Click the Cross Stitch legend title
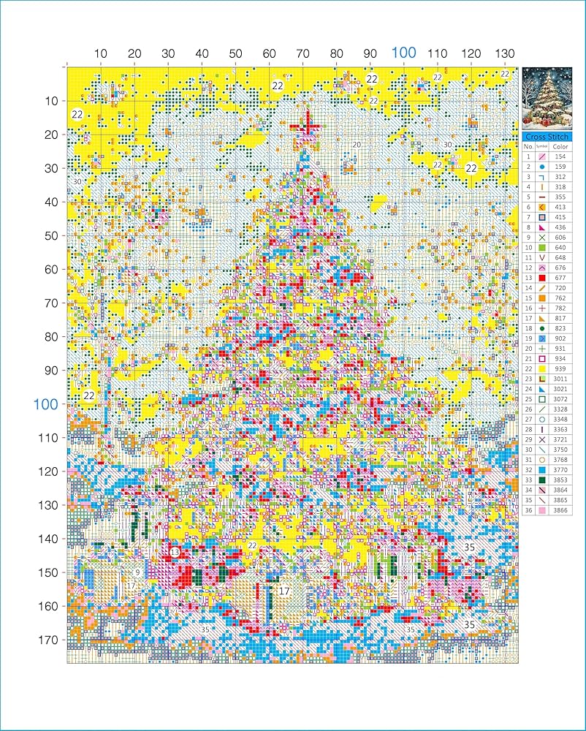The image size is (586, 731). point(552,137)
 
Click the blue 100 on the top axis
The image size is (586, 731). point(404,53)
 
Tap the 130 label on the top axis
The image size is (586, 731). point(505,53)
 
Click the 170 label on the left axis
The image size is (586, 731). point(48,640)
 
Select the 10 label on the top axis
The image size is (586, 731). point(101,53)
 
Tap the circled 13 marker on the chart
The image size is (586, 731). point(175,552)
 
